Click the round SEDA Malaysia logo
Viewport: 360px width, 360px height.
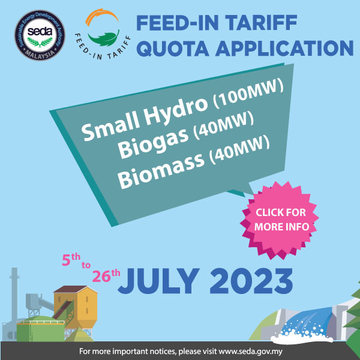(40, 35)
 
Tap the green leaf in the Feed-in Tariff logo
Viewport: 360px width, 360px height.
(104, 38)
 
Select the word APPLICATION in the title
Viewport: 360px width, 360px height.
(284, 48)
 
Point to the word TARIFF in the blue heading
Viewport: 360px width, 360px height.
(261, 23)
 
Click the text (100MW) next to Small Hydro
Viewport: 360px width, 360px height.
(248, 94)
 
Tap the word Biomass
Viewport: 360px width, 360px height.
(161, 170)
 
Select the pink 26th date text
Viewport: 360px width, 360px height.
(106, 275)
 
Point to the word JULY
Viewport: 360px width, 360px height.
(158, 281)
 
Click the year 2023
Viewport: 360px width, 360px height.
(251, 281)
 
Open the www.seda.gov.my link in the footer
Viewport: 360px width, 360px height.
(250, 351)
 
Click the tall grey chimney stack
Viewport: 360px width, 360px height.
(14, 296)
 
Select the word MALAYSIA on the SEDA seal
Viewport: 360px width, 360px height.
(40, 55)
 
